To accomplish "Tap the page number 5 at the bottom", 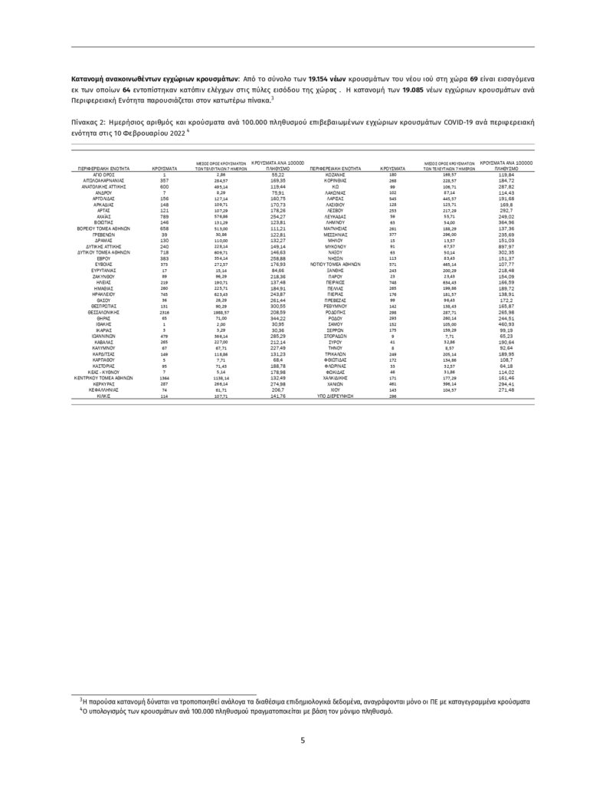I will coord(303,741).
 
